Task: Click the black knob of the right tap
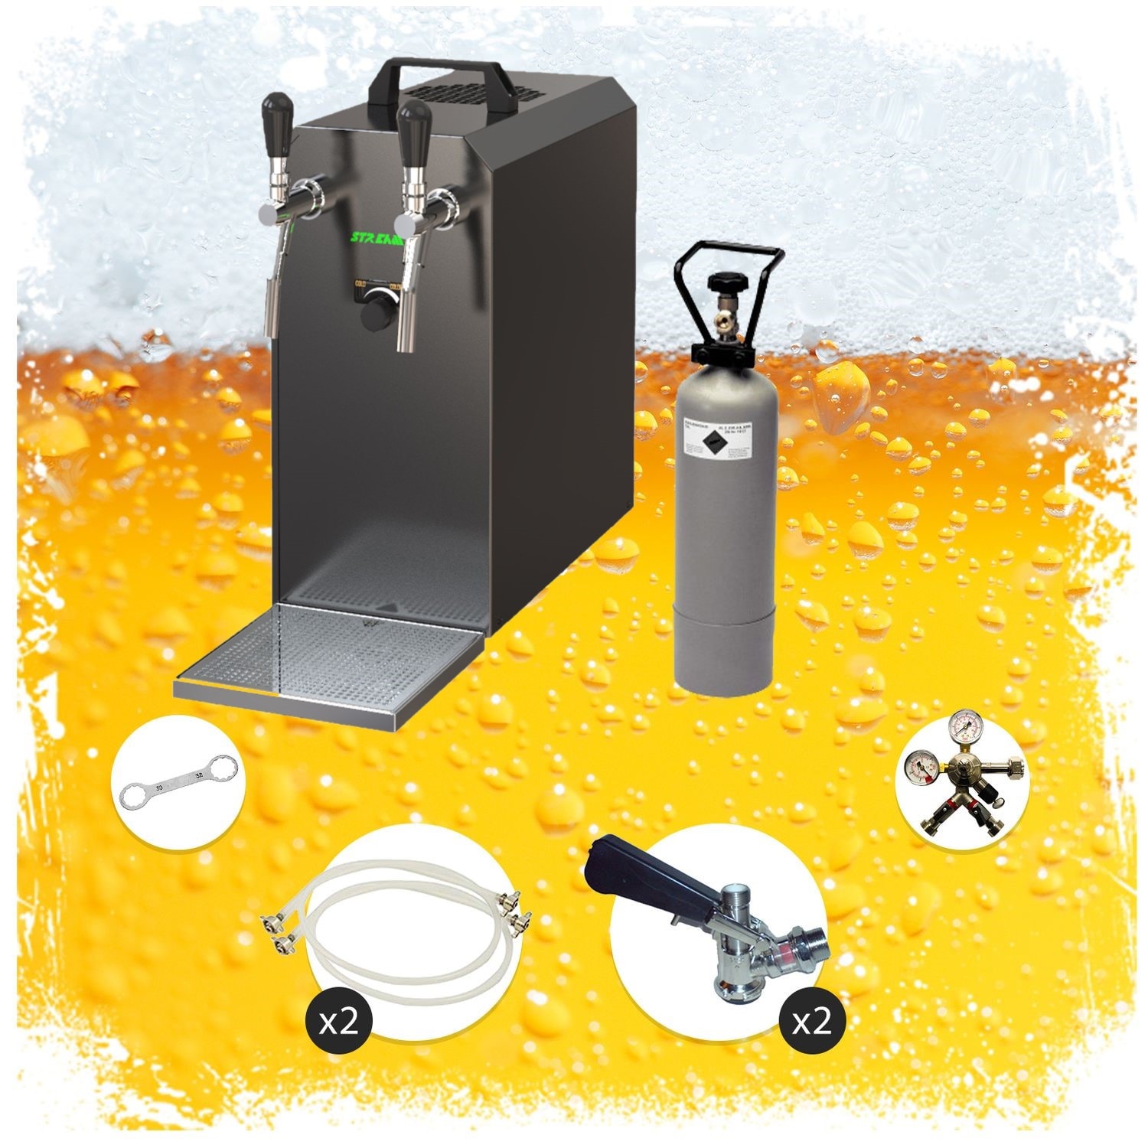415,119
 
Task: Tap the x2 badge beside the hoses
338,1022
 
